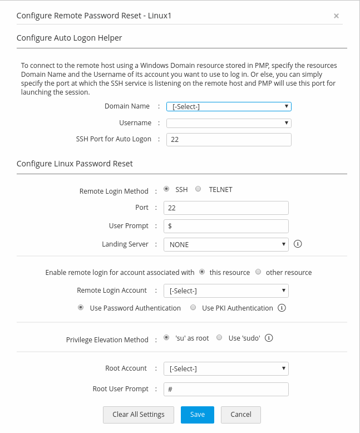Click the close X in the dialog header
(x=336, y=16)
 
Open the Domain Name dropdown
(x=229, y=106)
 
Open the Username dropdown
(x=229, y=123)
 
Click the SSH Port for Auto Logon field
(x=229, y=140)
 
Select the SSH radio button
(x=167, y=189)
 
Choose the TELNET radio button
(x=198, y=189)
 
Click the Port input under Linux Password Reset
(x=226, y=208)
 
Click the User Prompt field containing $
(x=226, y=226)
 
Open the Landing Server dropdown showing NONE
(x=226, y=244)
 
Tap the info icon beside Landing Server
(x=298, y=244)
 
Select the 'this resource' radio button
(x=202, y=272)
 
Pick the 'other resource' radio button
(x=258, y=272)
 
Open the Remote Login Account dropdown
(x=226, y=291)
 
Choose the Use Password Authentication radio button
(x=81, y=308)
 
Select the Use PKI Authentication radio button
(x=193, y=308)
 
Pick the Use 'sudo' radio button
(x=219, y=338)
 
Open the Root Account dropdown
(x=226, y=368)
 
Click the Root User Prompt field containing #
(x=226, y=389)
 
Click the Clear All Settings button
(x=139, y=415)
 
